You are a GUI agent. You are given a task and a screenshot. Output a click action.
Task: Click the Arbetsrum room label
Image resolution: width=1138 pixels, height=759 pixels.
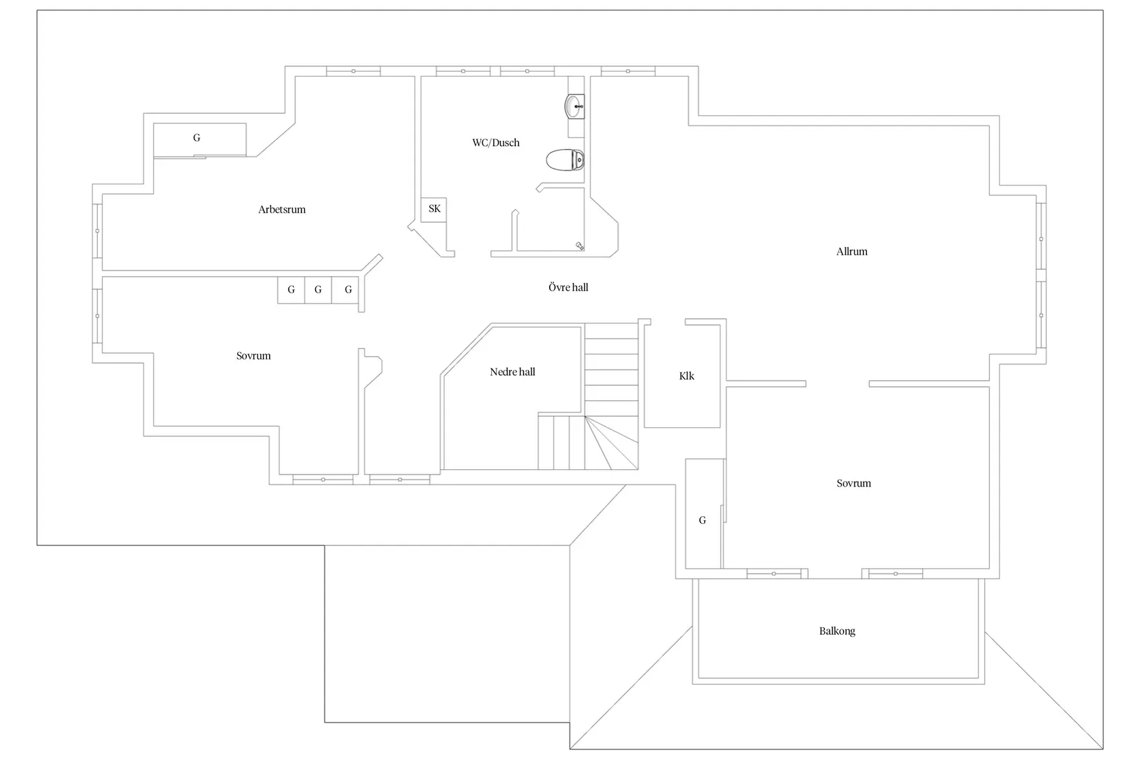point(282,210)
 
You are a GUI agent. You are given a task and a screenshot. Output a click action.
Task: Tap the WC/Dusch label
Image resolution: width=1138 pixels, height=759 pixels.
point(496,143)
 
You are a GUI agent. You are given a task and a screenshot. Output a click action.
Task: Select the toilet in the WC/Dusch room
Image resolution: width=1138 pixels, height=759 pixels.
point(566,160)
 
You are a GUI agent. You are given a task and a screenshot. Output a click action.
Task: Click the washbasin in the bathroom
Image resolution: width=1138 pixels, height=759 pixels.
point(575,107)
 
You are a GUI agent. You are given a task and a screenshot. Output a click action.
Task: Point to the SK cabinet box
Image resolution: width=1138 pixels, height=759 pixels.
point(434,210)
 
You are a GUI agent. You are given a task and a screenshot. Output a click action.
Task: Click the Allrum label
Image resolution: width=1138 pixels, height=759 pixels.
point(852,252)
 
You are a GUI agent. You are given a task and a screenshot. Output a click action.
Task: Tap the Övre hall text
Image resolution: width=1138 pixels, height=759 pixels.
point(568,287)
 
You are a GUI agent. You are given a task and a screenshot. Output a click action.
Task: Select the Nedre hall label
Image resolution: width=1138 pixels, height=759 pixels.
point(512,372)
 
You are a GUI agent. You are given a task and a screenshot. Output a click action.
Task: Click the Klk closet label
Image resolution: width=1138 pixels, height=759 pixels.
point(686,376)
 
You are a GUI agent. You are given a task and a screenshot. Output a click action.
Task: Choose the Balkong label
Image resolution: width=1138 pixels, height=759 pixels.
point(837,631)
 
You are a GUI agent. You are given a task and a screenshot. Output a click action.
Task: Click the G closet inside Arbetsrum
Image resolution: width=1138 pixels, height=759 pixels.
point(199,140)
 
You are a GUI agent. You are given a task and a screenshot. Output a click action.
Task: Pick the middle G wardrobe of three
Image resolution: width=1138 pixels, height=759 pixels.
point(318,290)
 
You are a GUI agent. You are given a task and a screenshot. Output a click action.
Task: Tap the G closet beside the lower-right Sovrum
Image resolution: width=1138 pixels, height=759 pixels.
point(703,513)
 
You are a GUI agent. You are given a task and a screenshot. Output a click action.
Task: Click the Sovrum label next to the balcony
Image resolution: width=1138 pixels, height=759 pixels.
point(854,484)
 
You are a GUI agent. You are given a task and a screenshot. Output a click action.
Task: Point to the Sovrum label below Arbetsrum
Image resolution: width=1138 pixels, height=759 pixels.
point(254,356)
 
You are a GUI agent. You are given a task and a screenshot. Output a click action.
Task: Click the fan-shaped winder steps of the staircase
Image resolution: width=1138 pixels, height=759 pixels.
point(611,442)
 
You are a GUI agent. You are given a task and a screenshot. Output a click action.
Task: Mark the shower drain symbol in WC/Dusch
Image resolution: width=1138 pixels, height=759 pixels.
point(579,246)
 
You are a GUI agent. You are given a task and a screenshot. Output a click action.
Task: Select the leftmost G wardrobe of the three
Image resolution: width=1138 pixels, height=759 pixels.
point(291,290)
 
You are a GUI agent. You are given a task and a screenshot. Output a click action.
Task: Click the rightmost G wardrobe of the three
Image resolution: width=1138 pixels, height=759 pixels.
point(346,290)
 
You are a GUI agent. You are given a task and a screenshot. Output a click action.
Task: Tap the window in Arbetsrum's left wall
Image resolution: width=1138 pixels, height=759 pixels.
point(97,231)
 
